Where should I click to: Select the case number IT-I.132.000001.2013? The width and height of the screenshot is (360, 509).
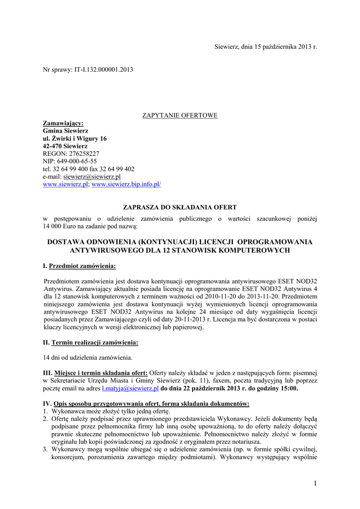[103, 70]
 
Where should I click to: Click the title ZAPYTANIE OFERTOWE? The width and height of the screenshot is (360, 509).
[180, 115]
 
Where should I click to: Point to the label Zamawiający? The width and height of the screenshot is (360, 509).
[63, 123]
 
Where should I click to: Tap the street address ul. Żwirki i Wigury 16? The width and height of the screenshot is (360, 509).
[75, 138]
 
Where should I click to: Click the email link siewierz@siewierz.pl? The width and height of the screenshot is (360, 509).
[92, 176]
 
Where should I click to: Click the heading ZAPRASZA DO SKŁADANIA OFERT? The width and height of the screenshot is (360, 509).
[180, 207]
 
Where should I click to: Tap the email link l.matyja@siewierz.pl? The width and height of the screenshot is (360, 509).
[130, 388]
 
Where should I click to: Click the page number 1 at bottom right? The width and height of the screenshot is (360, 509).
[315, 484]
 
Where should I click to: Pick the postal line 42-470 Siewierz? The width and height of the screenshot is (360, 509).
[65, 146]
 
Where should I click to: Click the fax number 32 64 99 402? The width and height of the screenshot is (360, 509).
[117, 169]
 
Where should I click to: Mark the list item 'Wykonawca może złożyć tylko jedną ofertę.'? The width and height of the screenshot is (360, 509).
[110, 411]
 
